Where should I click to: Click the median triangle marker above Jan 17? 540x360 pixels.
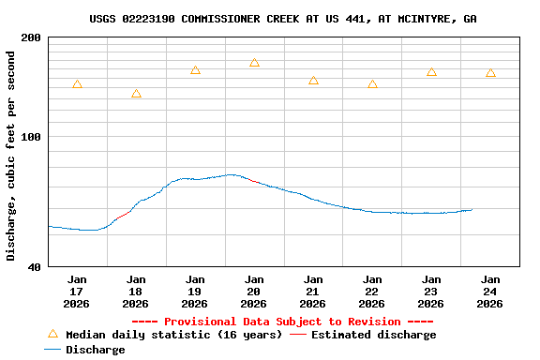[77, 84]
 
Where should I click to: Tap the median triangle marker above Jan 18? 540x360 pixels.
[136, 94]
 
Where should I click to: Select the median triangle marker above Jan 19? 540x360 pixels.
[195, 70]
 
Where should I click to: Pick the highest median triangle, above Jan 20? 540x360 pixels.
[254, 63]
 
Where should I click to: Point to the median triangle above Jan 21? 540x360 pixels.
[313, 81]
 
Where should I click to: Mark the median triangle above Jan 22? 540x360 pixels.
[372, 84]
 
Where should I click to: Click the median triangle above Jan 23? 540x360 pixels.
[431, 72]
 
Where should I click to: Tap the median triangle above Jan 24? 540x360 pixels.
[490, 73]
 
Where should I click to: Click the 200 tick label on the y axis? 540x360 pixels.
[31, 37]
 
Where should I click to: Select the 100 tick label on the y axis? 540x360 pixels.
[31, 137]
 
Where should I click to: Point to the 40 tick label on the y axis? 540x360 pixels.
[34, 267]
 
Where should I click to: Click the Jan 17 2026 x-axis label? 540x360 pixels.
[77, 291]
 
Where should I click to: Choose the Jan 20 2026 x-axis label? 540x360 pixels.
[254, 291]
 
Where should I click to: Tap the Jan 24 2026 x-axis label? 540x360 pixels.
[490, 291]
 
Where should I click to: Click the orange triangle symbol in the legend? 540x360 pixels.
[52, 334]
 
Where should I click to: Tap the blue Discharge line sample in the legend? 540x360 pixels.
[52, 350]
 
